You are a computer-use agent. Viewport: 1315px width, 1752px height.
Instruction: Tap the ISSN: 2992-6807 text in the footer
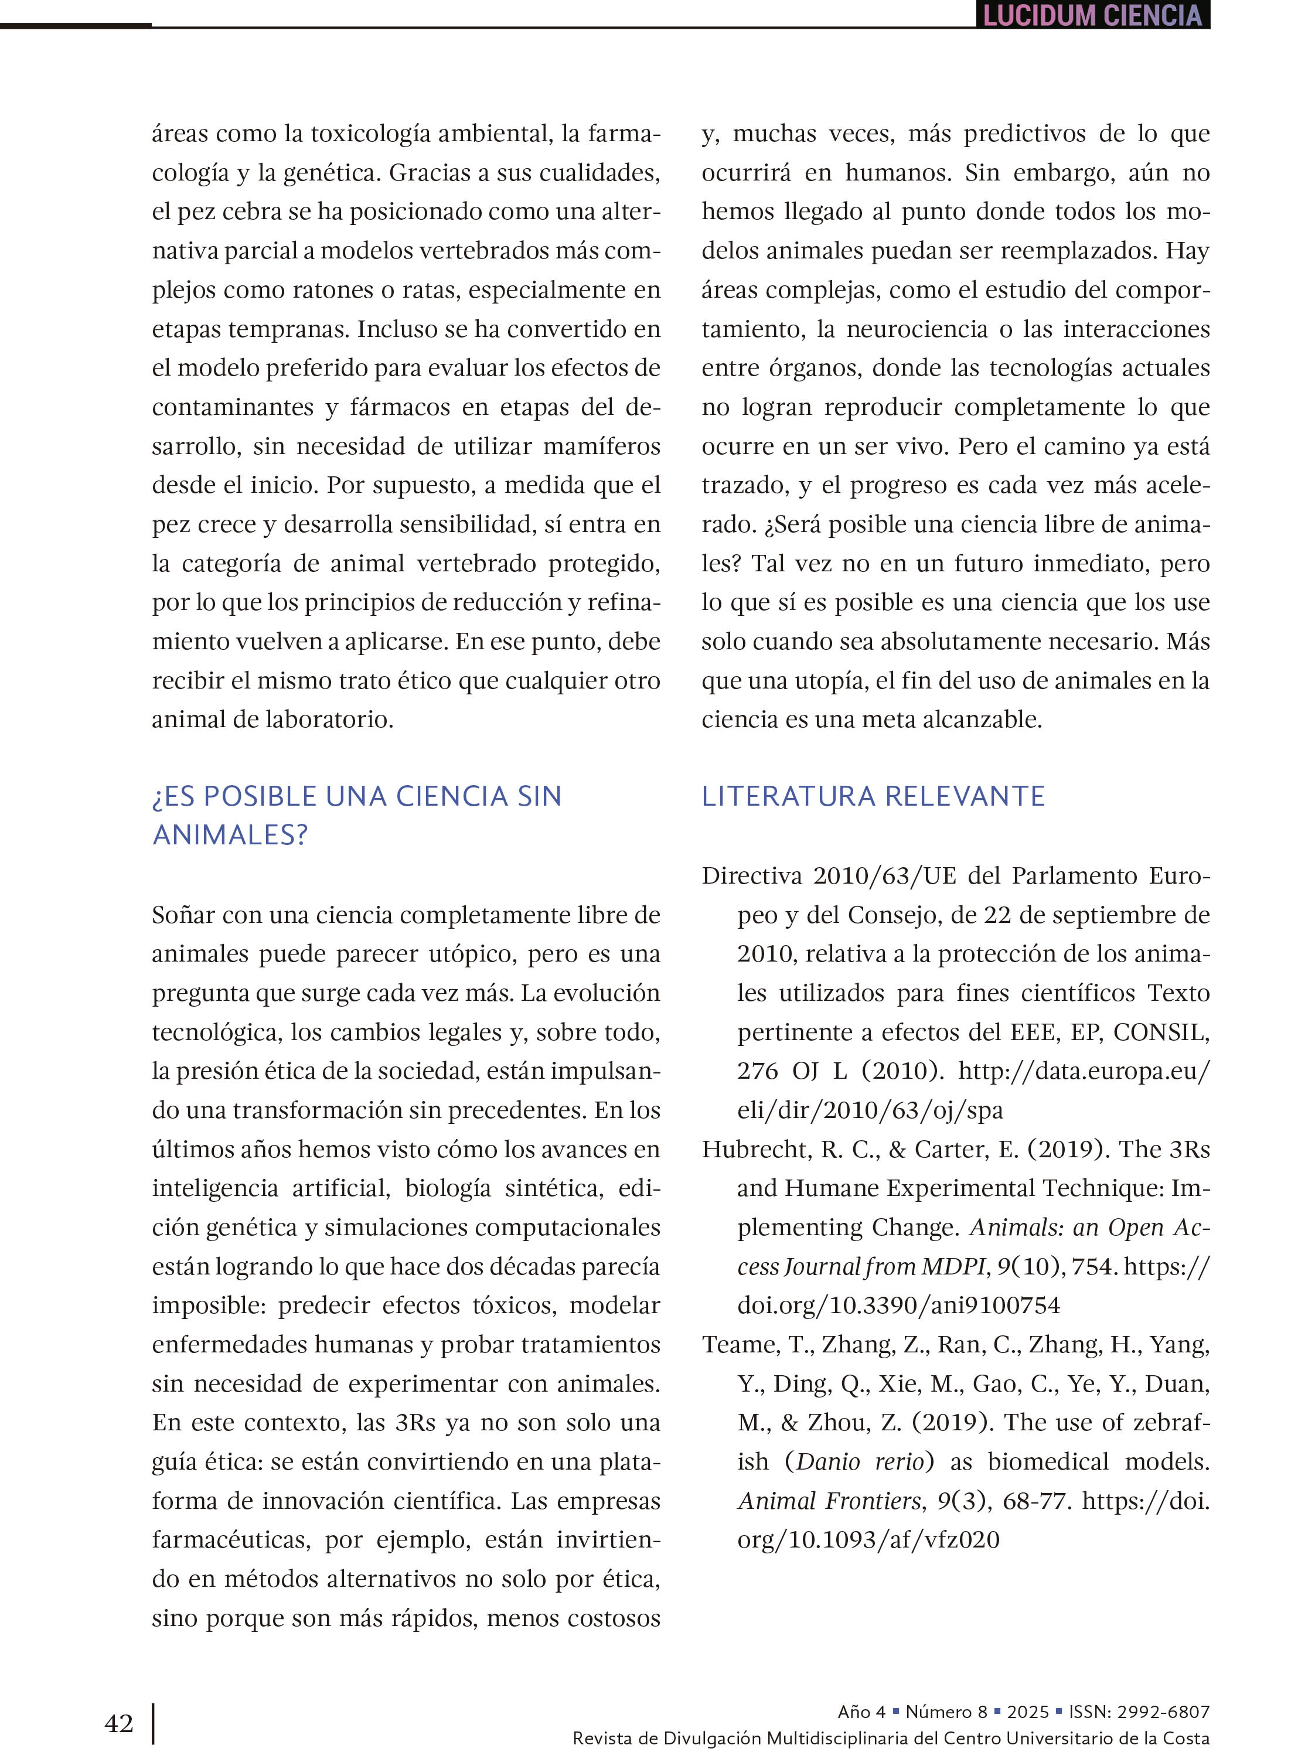coord(1139,1711)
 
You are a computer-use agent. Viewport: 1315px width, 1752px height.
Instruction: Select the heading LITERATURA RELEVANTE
coord(873,796)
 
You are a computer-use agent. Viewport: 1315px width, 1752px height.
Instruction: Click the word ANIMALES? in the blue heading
coord(230,835)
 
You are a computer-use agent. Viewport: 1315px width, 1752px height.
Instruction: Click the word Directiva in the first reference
coord(752,876)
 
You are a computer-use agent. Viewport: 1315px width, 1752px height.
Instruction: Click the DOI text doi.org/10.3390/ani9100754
coord(898,1306)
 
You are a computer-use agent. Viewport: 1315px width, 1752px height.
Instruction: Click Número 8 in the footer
coord(946,1711)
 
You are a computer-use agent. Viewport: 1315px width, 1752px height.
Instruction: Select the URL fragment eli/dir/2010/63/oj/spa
coord(869,1110)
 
